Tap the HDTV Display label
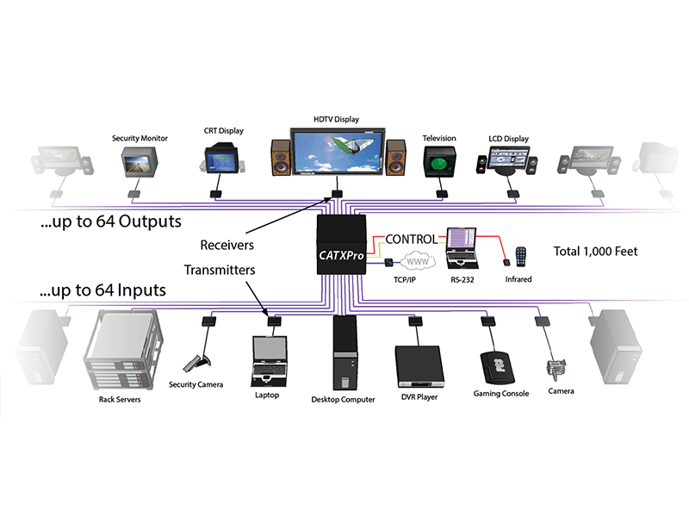pyautogui.click(x=336, y=119)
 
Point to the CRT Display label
pyautogui.click(x=224, y=131)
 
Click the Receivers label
pyautogui.click(x=227, y=244)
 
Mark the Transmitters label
pyautogui.click(x=220, y=270)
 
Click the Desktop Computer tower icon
pyautogui.click(x=343, y=354)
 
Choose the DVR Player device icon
pyautogui.click(x=422, y=366)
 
